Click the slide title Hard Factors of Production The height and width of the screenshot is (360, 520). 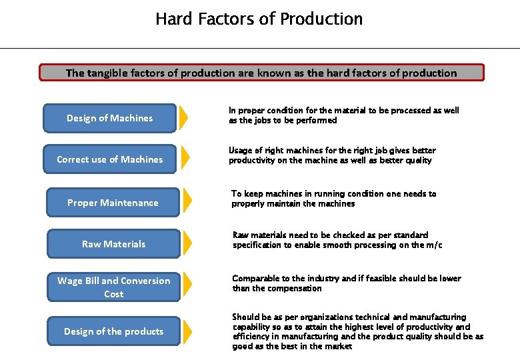[x=259, y=19]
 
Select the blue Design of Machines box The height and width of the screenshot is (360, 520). [x=109, y=118]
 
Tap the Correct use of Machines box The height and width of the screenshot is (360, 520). [x=109, y=159]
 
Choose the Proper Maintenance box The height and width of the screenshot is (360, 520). [x=113, y=203]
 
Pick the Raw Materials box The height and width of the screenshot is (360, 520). [x=113, y=244]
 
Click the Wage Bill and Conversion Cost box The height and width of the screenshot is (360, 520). [x=113, y=287]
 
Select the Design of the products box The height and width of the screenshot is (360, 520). [x=113, y=331]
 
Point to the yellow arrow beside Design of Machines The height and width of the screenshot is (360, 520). [x=184, y=118]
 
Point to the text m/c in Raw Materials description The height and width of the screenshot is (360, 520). [x=434, y=245]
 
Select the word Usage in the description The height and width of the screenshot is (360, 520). [x=240, y=151]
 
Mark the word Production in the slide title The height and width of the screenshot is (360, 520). [x=321, y=19]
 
